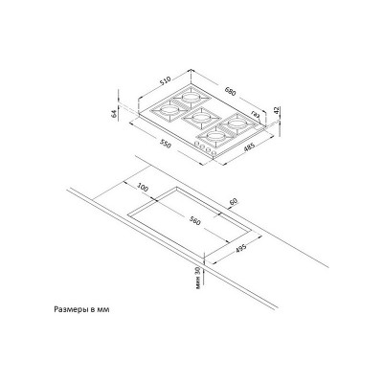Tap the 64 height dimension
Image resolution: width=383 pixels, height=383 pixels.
pos(113,113)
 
